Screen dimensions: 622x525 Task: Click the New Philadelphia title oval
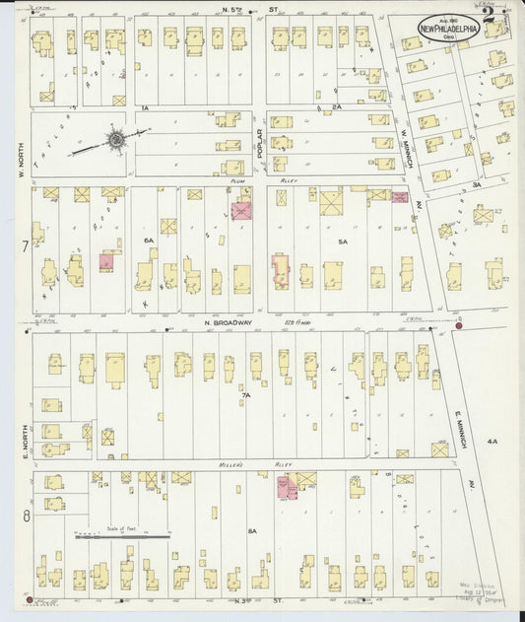point(448,29)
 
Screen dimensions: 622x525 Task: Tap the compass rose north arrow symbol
point(116,141)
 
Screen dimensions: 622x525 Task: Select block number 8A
point(252,531)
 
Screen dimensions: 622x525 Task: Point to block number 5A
point(343,241)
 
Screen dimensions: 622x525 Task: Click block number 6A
point(149,240)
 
